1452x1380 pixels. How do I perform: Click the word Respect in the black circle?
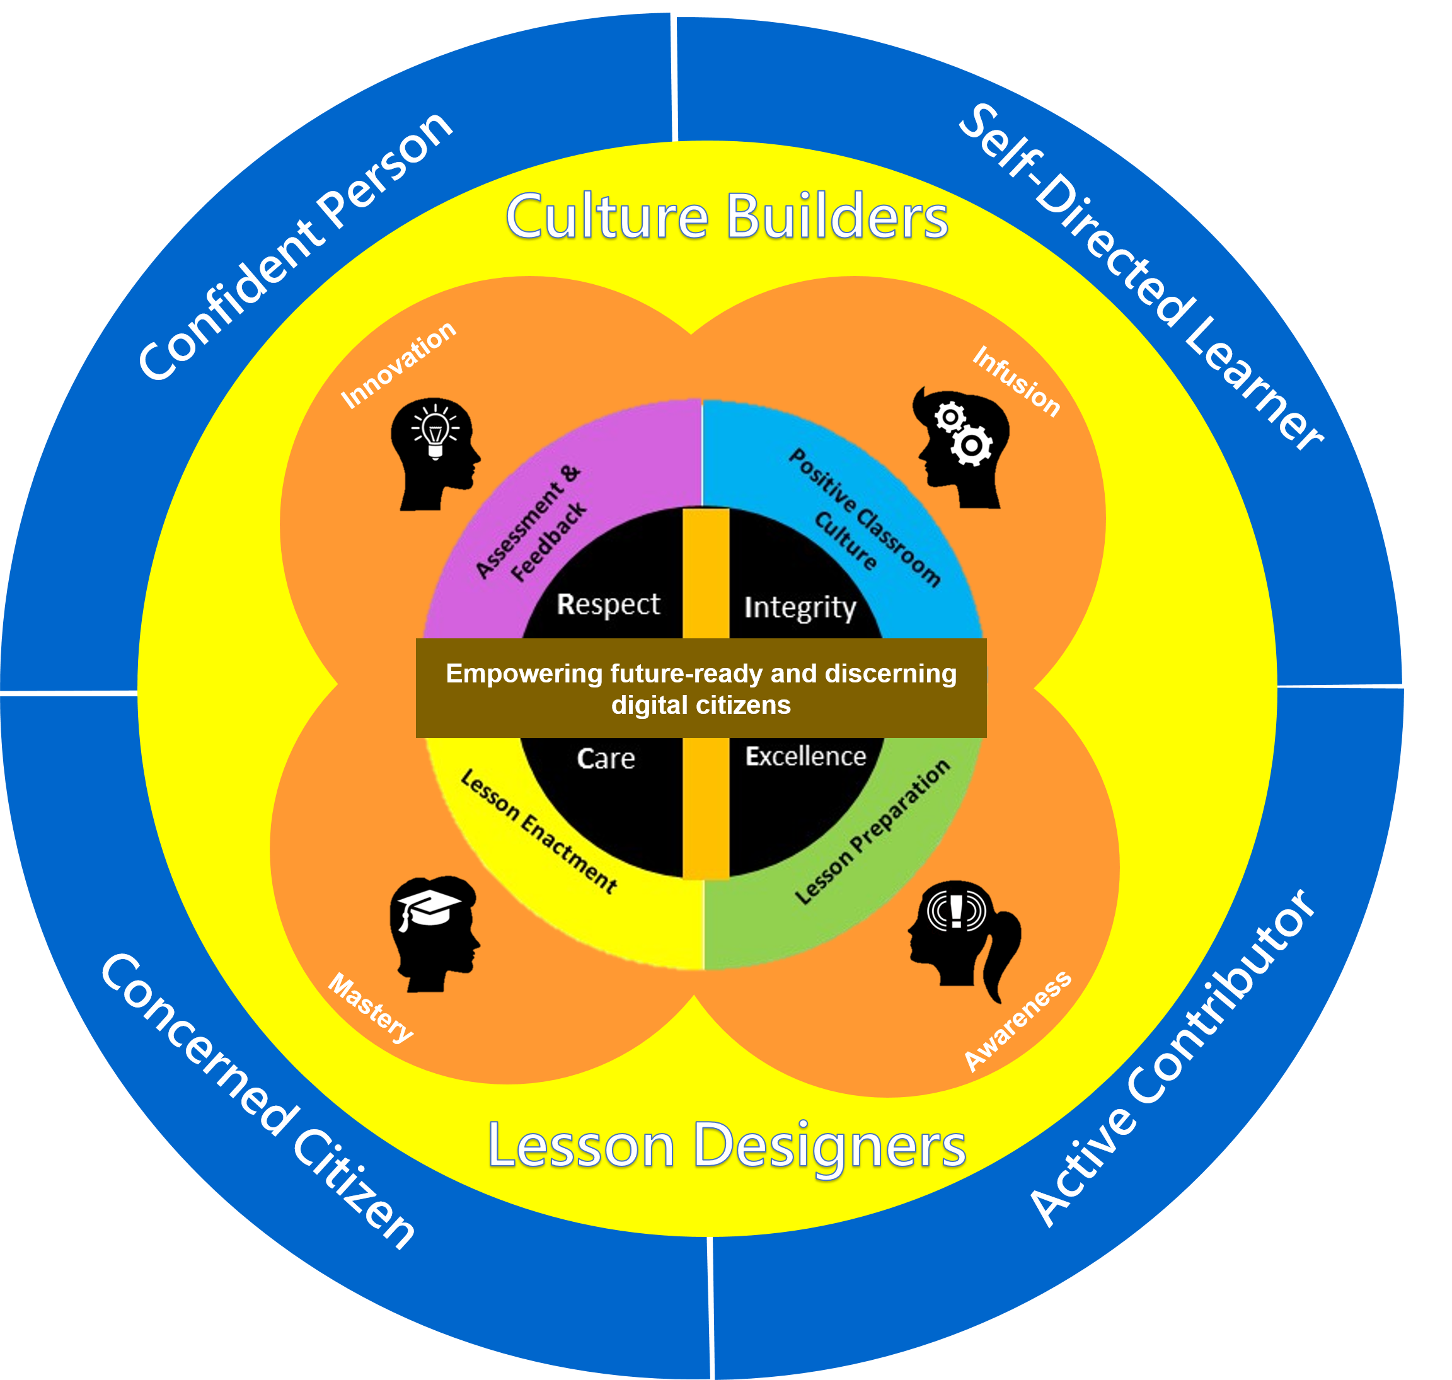tap(608, 605)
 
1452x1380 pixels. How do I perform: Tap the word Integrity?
tap(800, 608)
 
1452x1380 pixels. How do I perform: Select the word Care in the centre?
tap(606, 759)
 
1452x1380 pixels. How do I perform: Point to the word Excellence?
tap(805, 756)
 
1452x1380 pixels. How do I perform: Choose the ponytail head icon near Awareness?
tap(964, 941)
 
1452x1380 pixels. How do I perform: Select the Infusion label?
tap(1017, 381)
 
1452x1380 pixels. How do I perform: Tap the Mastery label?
tap(371, 1008)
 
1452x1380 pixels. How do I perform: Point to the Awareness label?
tap(1018, 1021)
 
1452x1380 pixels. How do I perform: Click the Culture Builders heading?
tap(727, 216)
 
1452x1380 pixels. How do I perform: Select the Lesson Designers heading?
tap(727, 1146)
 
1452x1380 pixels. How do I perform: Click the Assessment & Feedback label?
tap(532, 523)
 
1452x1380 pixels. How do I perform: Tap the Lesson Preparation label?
tap(872, 832)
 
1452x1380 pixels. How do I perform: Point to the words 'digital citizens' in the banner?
tap(701, 706)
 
